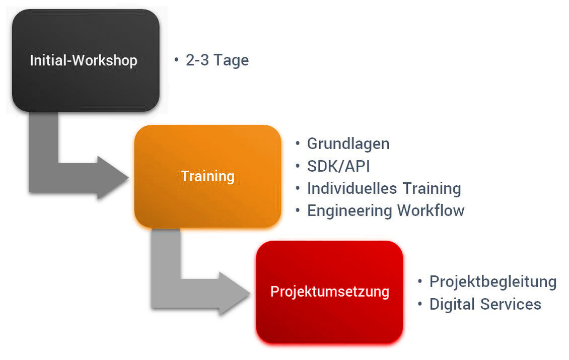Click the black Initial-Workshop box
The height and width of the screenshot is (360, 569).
tap(86, 60)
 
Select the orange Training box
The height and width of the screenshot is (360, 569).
tap(207, 176)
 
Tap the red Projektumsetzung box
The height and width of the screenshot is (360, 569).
tap(329, 292)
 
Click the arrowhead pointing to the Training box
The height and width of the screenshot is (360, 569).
tap(112, 178)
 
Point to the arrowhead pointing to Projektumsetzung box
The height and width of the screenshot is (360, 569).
tap(235, 293)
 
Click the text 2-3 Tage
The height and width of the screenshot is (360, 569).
tap(217, 60)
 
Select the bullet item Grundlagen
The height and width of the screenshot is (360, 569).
tap(348, 144)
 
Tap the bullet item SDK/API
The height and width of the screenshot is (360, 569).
tap(338, 167)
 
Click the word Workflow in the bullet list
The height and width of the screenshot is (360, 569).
tap(431, 210)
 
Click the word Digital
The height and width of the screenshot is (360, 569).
tap(452, 305)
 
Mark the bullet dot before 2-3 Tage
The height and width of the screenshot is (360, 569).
tap(176, 59)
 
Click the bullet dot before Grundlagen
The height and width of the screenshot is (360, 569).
tap(298, 143)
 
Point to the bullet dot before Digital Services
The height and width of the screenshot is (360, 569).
tap(420, 304)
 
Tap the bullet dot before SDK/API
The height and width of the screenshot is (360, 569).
tap(298, 166)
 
